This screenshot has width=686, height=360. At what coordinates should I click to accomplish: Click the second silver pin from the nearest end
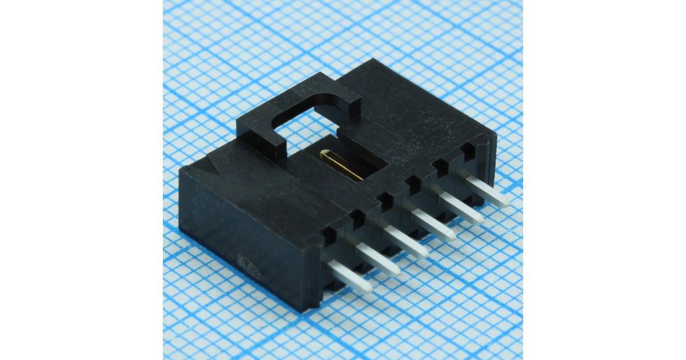pos(377,259)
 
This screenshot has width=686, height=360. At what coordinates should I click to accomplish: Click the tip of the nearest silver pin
pos(366,289)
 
